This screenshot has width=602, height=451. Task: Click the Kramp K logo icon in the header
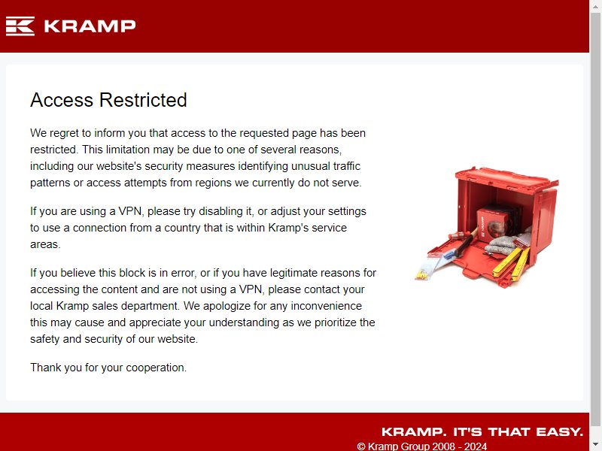point(20,26)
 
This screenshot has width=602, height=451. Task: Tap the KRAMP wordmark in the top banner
point(90,26)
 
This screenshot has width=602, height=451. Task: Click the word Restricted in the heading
point(143,100)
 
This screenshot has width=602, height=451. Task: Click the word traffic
point(347,166)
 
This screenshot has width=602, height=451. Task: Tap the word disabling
point(220,211)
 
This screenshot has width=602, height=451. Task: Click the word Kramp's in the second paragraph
point(288,228)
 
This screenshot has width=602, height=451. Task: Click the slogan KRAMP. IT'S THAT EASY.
point(482,431)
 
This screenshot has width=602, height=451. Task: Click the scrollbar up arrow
point(595,7)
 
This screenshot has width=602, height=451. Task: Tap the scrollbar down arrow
point(595,444)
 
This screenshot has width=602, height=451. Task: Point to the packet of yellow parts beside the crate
point(426,271)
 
